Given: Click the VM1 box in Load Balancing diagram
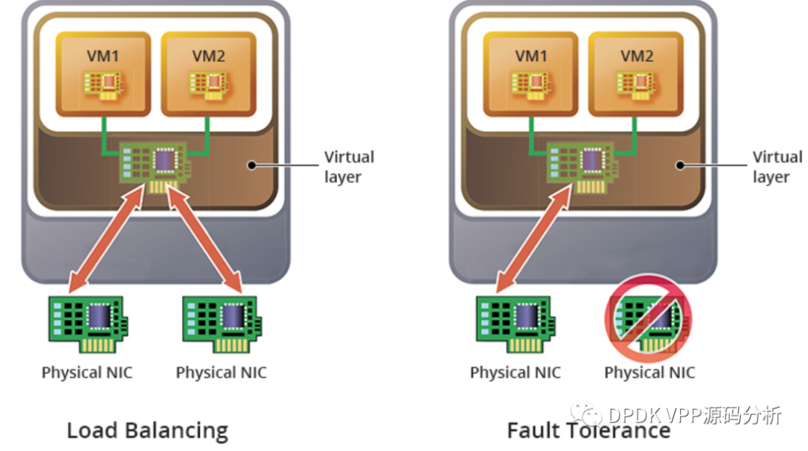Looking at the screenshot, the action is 103,74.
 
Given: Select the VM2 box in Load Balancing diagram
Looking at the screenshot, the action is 209,74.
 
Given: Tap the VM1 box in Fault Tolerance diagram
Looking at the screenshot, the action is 530,74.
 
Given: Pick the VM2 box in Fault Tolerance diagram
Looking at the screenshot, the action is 636,74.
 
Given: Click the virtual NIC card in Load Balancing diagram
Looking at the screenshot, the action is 155,166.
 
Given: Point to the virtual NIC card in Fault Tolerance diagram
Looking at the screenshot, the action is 582,166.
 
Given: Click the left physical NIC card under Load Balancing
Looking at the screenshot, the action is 88,324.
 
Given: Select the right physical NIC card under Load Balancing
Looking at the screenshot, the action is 222,324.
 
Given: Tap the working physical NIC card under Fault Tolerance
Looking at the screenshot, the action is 515,324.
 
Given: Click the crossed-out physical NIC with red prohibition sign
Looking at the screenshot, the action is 649,319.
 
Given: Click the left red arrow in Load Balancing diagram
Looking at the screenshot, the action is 107,239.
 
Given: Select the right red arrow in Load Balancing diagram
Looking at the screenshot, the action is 204,239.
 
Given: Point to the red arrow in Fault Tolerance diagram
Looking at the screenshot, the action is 534,239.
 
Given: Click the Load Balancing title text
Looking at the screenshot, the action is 147,430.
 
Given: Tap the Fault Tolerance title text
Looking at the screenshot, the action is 589,430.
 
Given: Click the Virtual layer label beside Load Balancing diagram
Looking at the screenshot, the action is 349,166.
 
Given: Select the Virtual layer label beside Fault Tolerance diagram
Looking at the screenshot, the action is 777,166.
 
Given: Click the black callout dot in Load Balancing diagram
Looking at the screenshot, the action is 251,165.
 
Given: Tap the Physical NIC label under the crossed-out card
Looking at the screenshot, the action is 650,372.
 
